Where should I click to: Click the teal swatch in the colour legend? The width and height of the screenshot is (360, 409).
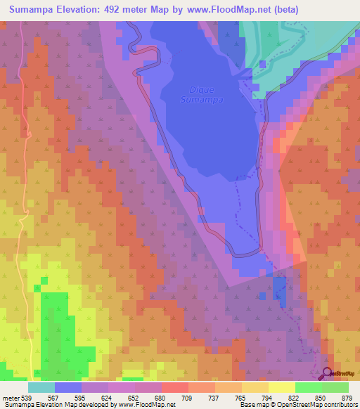point(41,387)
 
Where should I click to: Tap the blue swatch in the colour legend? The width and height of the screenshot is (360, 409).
point(68,387)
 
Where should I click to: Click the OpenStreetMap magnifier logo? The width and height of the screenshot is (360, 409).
point(328,374)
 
